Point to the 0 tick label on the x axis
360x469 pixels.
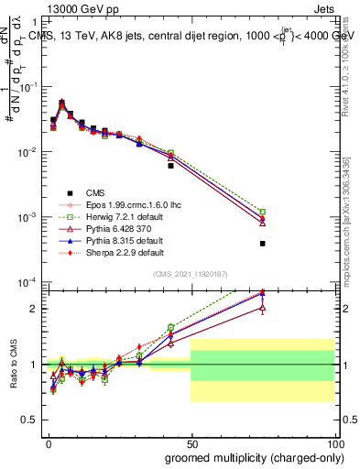(x=47, y=442)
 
